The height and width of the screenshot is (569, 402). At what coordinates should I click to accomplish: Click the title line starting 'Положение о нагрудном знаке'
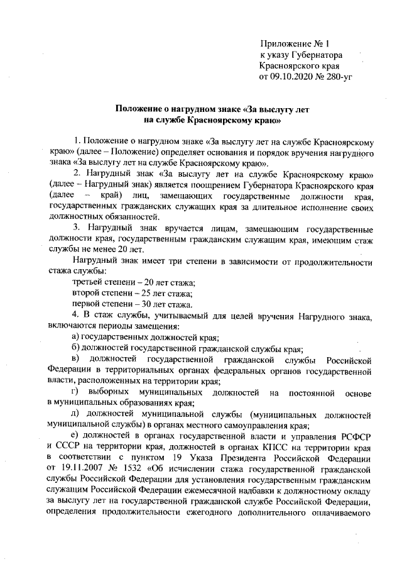coord(212,109)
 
